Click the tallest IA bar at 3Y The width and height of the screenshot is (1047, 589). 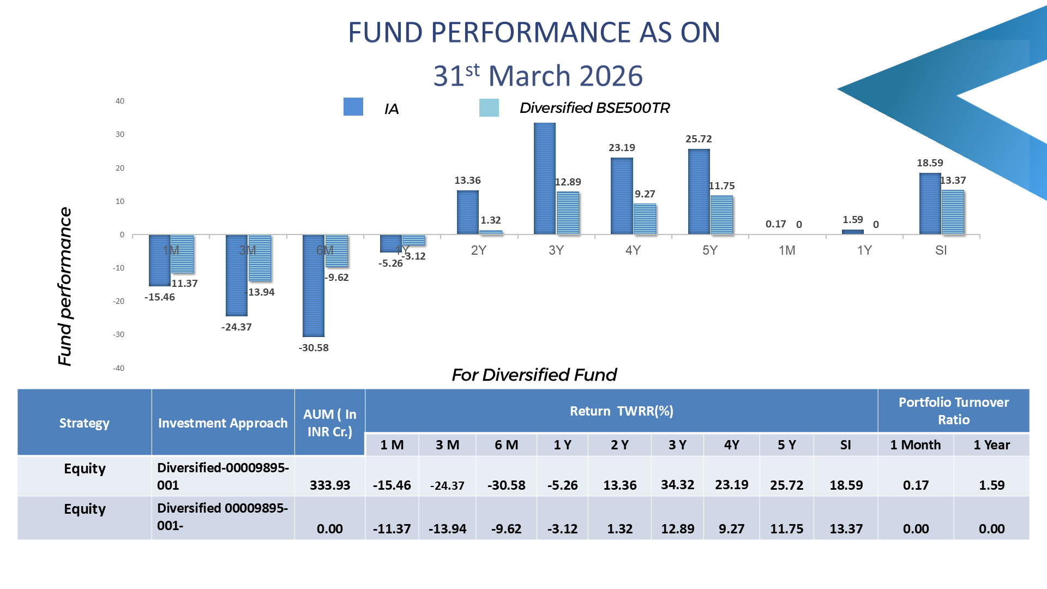(544, 179)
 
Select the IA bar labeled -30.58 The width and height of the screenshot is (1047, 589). (314, 286)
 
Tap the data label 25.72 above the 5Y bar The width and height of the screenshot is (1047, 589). (699, 139)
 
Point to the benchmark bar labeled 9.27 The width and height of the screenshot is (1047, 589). (645, 219)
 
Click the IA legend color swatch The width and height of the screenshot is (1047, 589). (353, 107)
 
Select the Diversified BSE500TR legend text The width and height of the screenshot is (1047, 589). (594, 108)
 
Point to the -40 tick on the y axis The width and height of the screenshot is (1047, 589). (119, 368)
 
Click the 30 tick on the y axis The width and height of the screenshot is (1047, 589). (120, 134)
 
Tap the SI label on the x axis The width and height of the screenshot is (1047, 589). (941, 250)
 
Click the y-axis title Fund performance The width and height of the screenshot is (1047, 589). (65, 286)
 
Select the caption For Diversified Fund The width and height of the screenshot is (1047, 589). (534, 375)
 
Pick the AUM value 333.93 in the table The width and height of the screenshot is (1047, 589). (330, 485)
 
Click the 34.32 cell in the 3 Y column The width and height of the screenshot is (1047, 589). (677, 484)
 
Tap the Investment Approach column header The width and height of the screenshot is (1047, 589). (222, 423)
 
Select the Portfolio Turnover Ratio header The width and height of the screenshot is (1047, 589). (953, 411)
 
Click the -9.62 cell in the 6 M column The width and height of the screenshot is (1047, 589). (506, 528)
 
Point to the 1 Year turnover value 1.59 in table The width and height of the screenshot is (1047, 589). (991, 485)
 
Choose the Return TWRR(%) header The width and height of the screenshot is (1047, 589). (621, 411)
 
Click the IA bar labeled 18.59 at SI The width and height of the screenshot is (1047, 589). (930, 204)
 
